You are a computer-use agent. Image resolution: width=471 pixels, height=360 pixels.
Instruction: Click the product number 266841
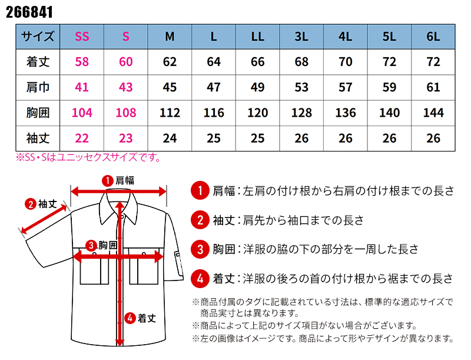29,12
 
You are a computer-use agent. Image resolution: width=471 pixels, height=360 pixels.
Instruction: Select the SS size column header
82,37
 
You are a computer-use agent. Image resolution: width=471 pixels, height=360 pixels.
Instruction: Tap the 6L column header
433,37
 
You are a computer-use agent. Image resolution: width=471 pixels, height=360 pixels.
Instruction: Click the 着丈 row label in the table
38,62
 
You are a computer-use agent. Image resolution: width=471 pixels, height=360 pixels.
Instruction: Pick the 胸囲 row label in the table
38,113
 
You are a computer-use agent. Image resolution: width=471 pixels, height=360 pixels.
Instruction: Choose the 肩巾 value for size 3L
301,87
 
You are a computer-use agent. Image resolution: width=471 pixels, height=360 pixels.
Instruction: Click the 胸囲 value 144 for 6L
433,113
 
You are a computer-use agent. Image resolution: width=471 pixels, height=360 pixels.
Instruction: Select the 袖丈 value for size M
170,138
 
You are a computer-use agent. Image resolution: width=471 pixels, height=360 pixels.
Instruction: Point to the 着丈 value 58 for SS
82,62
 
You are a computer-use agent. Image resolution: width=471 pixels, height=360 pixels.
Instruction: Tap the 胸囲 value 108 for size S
126,113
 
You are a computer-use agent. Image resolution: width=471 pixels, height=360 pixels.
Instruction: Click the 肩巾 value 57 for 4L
346,87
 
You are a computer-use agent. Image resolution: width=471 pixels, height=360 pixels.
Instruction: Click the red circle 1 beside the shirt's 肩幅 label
107,181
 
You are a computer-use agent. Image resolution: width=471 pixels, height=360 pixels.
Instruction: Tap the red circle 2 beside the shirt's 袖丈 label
31,204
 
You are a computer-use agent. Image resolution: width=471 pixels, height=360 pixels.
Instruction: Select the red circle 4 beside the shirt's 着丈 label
130,318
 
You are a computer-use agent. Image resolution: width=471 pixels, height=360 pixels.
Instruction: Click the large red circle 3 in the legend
200,249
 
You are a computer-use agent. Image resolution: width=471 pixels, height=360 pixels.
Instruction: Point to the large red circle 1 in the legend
200,190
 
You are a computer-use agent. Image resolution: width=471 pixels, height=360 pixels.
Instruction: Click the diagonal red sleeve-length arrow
44,219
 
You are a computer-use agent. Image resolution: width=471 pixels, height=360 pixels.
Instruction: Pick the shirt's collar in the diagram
119,207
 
